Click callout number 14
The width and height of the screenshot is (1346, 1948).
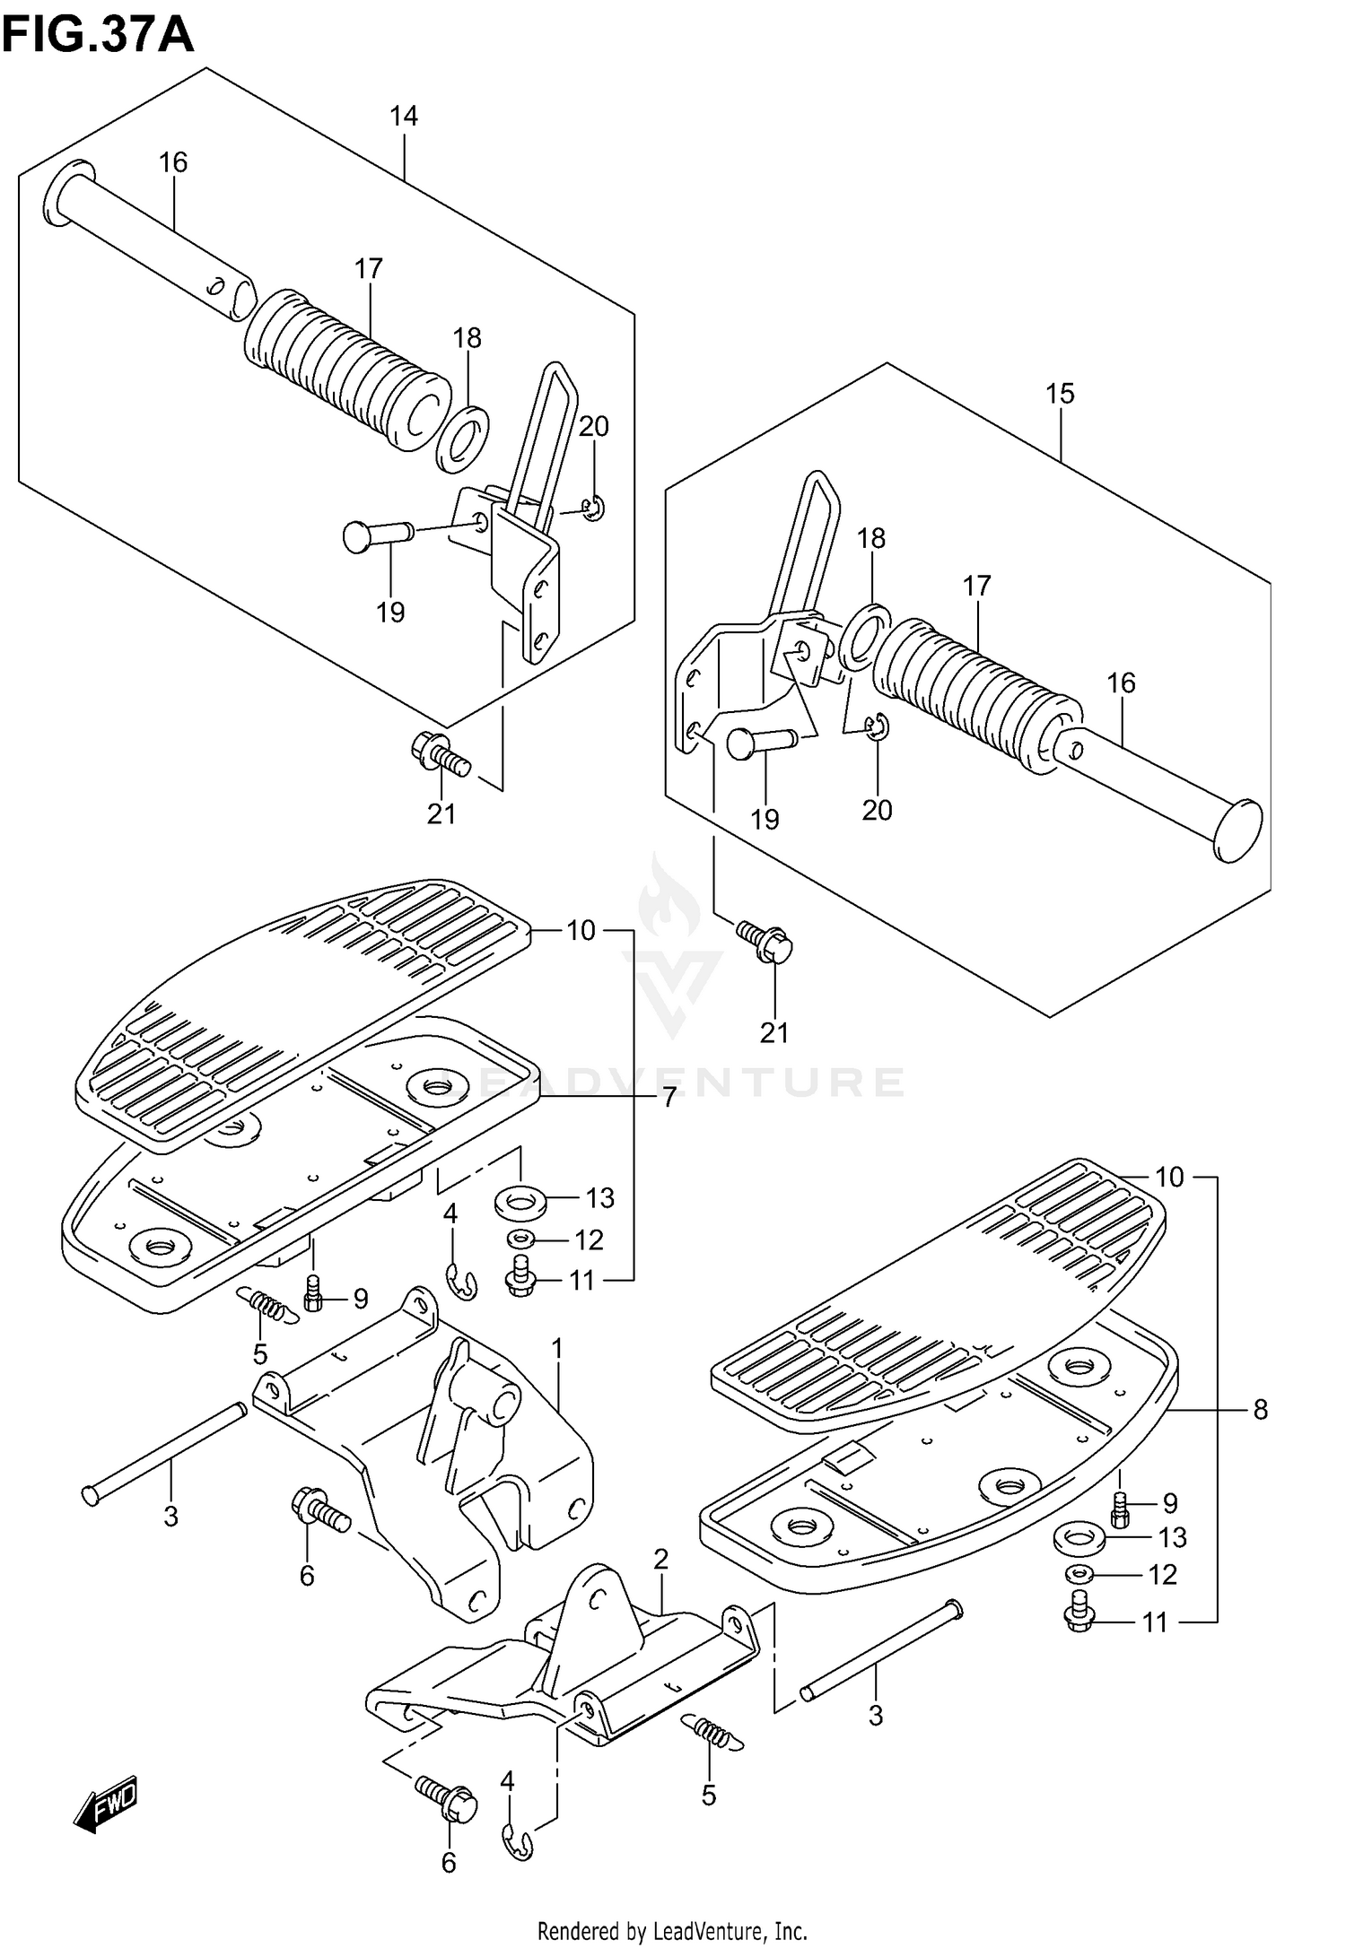pos(404,116)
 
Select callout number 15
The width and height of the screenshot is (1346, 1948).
pos(1060,394)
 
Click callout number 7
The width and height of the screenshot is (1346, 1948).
pos(669,1097)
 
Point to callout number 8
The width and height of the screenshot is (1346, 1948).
pos(1261,1410)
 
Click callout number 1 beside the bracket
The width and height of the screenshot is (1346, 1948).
pos(556,1348)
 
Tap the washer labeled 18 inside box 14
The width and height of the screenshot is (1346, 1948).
pos(463,441)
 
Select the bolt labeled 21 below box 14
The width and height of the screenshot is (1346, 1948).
pos(440,752)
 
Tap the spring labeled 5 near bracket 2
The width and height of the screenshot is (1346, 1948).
pos(713,1731)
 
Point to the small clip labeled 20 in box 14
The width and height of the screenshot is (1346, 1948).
pos(592,509)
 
